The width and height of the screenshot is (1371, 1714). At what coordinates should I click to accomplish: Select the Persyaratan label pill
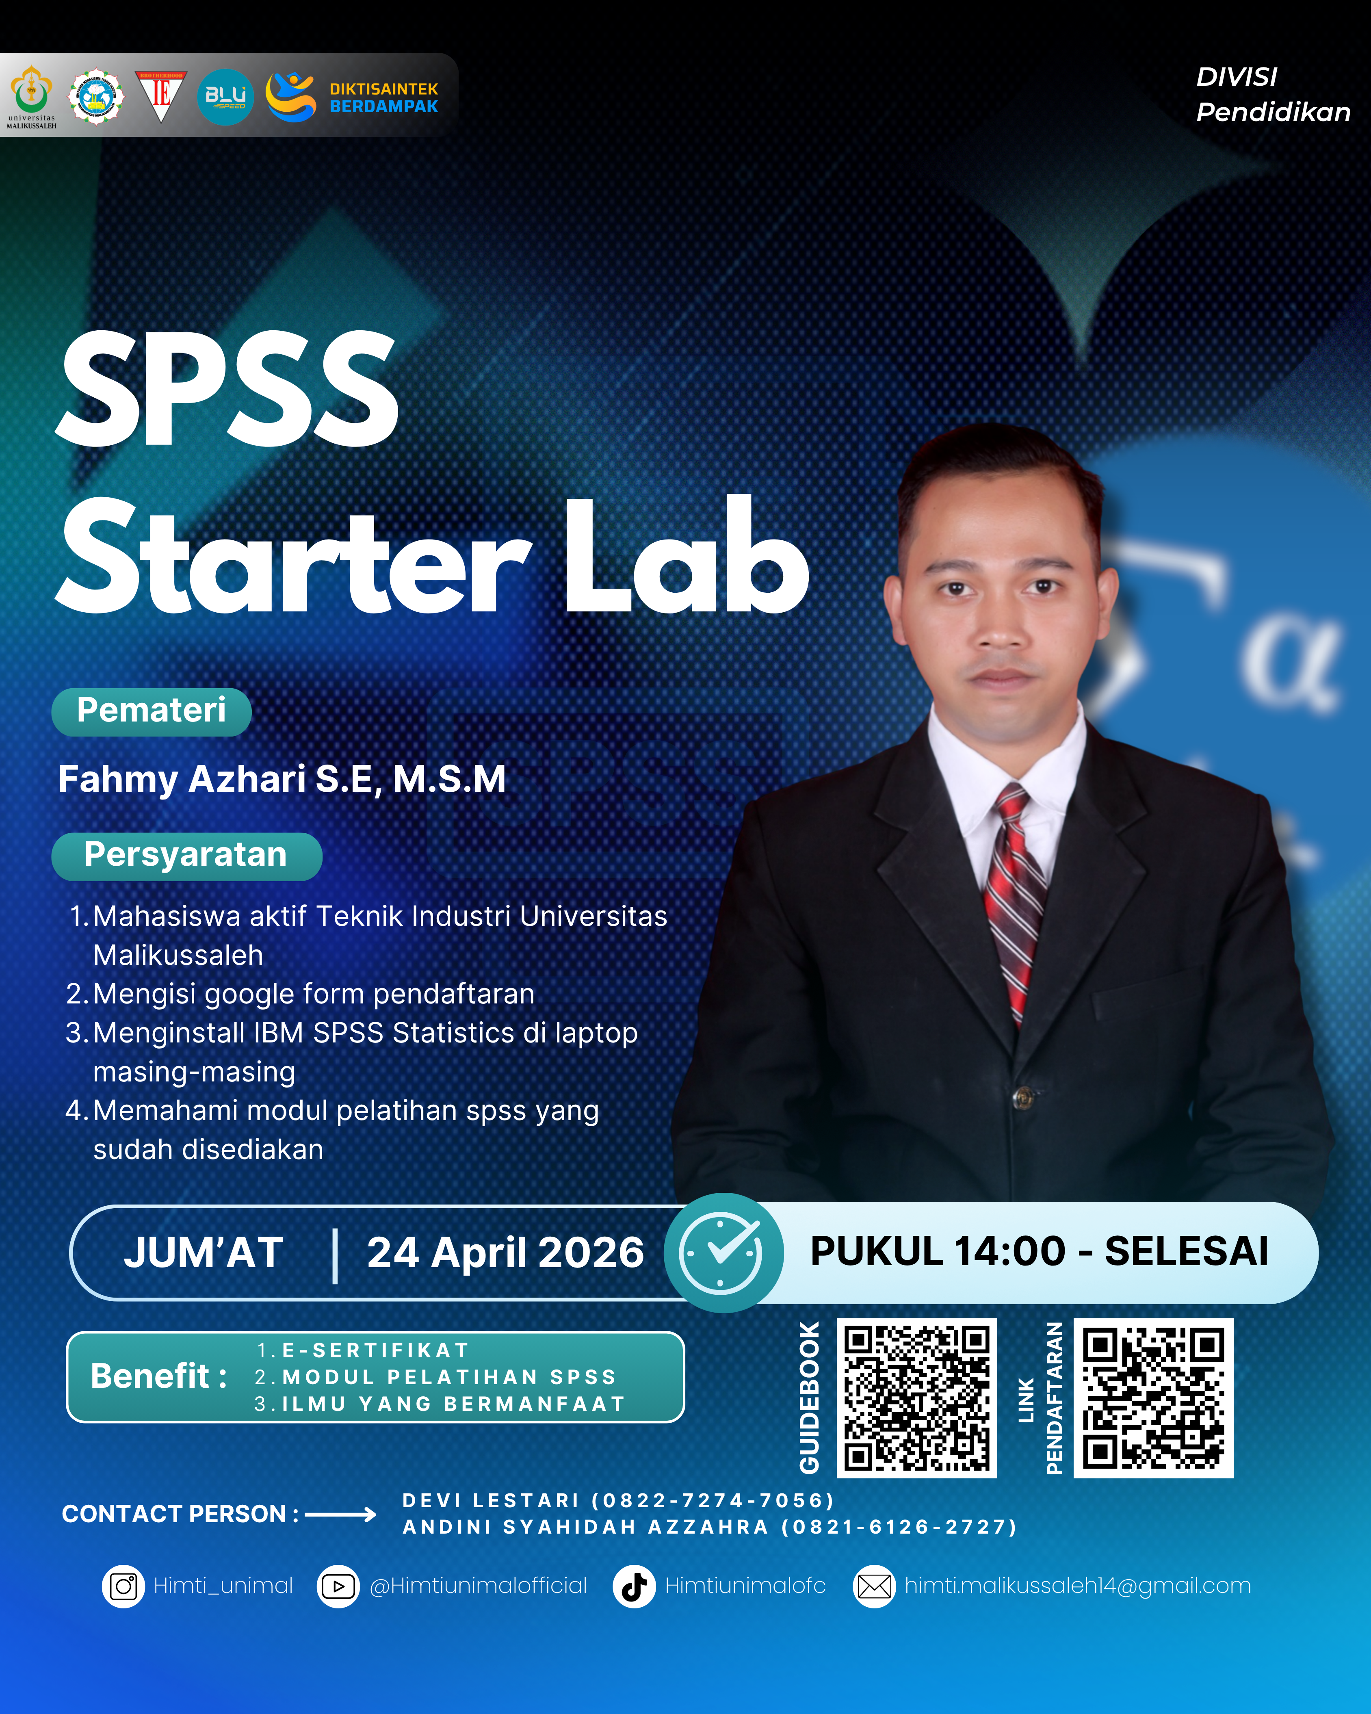[186, 856]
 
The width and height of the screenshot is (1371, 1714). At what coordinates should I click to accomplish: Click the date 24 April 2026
[505, 1253]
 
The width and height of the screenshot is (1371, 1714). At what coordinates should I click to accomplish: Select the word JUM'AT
[204, 1253]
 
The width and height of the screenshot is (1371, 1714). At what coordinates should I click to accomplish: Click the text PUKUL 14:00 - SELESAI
[1039, 1251]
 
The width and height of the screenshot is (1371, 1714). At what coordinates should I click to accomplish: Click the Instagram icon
[123, 1586]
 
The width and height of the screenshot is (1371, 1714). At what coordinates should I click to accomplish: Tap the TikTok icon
[633, 1586]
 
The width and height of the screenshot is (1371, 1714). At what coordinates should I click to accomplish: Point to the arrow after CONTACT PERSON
[340, 1515]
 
